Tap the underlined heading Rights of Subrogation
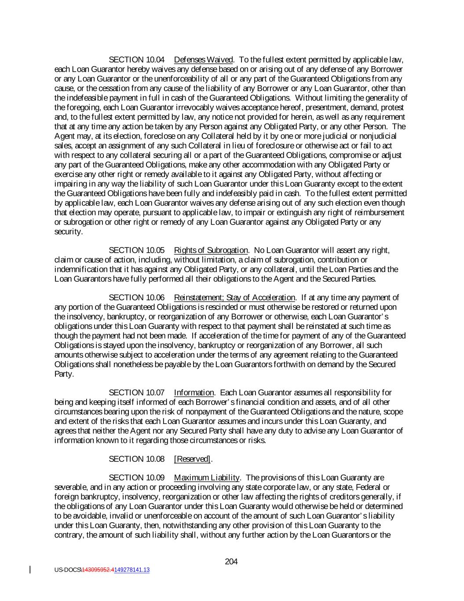click(x=211, y=251)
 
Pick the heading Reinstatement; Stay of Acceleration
click(x=234, y=298)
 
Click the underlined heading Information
click(x=194, y=393)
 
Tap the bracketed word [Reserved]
click(x=193, y=459)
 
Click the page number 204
click(x=231, y=561)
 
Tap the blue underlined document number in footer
click(x=132, y=570)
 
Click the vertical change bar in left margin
click(x=30, y=570)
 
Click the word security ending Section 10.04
click(x=68, y=232)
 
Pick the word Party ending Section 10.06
click(x=64, y=374)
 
